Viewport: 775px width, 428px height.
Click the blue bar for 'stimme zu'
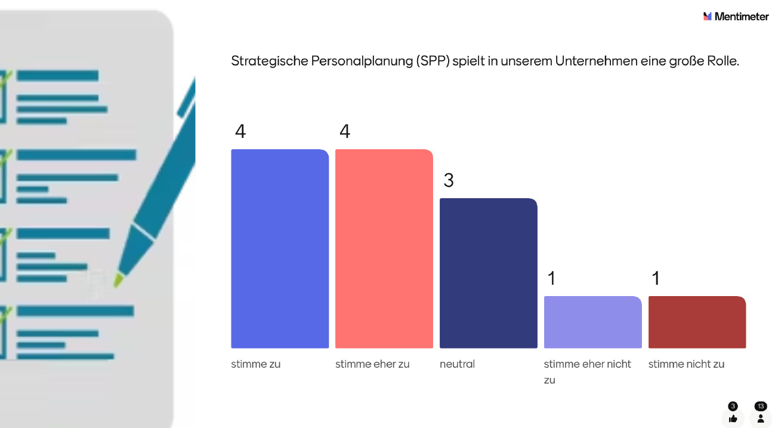pos(280,248)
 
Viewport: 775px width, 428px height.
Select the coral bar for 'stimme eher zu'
pos(384,248)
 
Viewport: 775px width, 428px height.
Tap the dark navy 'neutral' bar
pos(489,273)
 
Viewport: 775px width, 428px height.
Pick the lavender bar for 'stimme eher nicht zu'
pos(593,322)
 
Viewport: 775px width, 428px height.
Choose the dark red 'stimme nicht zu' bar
pos(697,322)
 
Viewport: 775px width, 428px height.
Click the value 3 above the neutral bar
pos(449,180)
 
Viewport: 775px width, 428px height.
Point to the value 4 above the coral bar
pos(344,131)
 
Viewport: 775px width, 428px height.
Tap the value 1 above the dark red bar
pos(656,278)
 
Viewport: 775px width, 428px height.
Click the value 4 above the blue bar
pos(240,131)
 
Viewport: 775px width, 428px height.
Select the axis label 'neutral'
pos(457,364)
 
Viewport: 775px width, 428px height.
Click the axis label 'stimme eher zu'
pos(372,364)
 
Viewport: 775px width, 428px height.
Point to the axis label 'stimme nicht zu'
pos(686,364)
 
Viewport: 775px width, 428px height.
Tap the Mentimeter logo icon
pos(708,17)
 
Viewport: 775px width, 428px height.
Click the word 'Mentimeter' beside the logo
pos(742,17)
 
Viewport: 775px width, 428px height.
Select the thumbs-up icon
pos(733,418)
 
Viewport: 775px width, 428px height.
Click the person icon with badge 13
pos(761,418)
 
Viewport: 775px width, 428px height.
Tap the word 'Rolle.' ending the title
pos(723,61)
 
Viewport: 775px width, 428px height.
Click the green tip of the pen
pos(119,279)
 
